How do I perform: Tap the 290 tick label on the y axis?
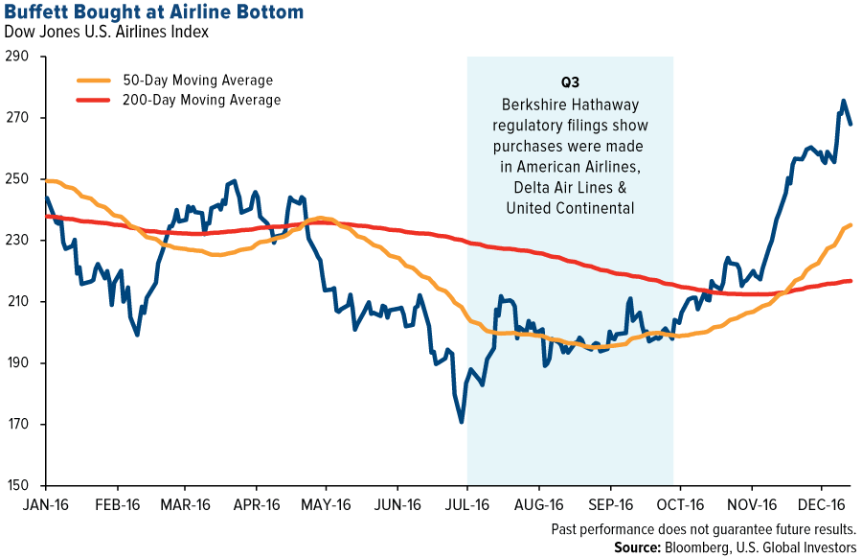point(19,57)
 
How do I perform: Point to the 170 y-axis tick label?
point(19,425)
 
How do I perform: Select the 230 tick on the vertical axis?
point(19,241)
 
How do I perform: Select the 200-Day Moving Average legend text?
point(202,100)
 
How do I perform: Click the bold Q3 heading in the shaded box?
point(570,83)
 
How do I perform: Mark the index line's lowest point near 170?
point(463,422)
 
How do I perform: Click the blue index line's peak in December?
point(843,100)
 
